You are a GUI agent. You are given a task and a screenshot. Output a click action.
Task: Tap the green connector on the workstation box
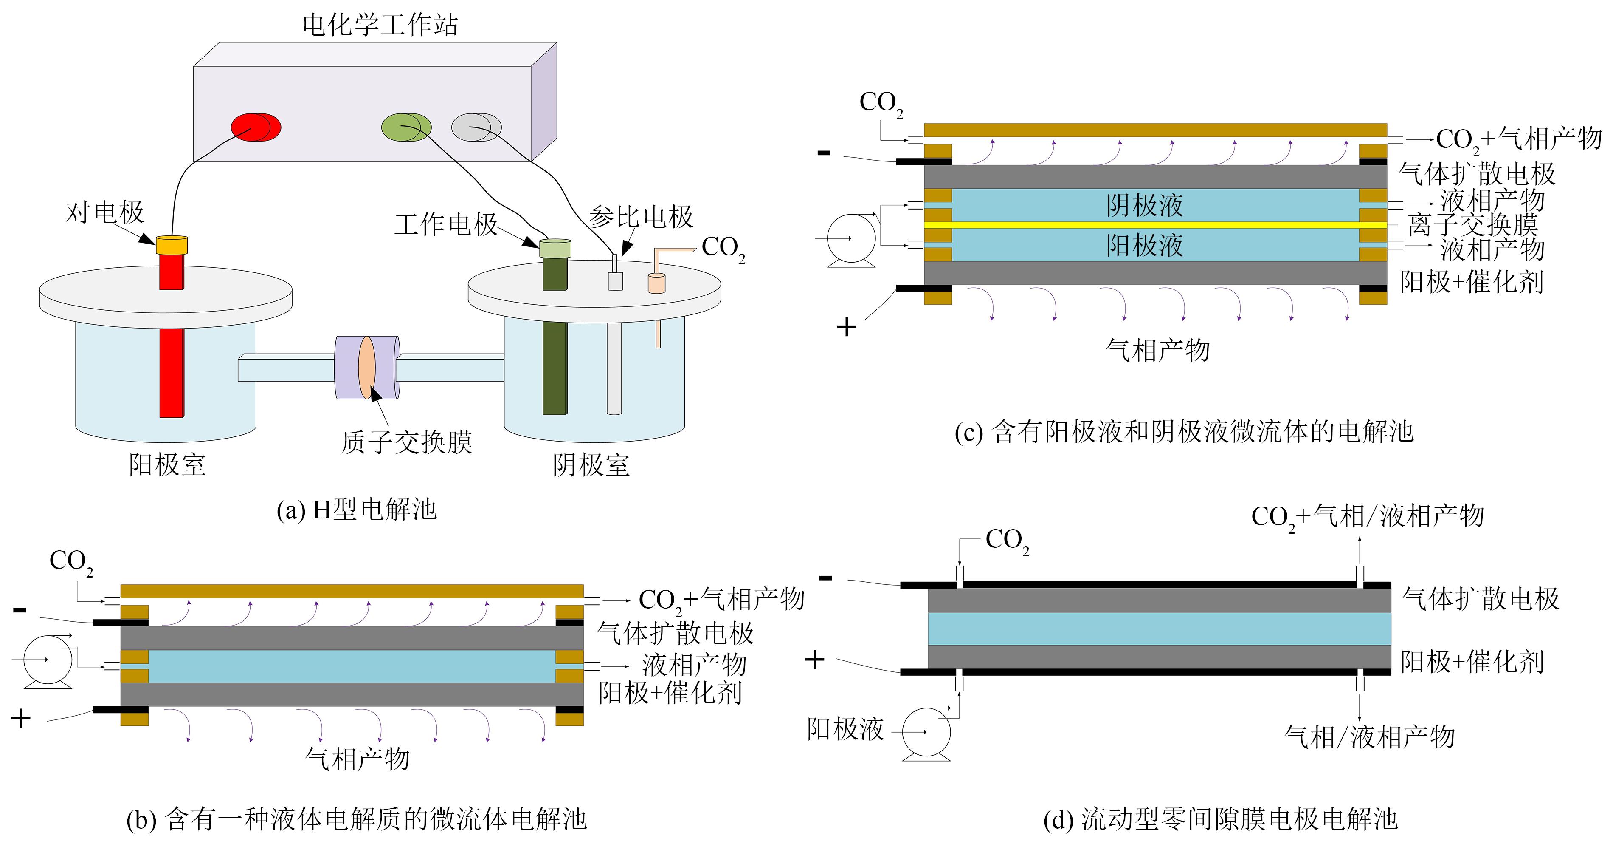(x=406, y=127)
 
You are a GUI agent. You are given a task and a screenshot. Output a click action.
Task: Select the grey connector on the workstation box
(x=476, y=127)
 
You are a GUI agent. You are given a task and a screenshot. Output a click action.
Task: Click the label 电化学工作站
(x=380, y=25)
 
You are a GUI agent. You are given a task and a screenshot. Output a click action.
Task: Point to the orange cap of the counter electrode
(x=172, y=244)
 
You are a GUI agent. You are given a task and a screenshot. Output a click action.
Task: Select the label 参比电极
(x=640, y=217)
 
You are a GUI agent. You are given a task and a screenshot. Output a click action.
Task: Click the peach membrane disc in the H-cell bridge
(x=367, y=368)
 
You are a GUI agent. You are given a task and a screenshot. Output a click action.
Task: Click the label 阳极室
(x=167, y=465)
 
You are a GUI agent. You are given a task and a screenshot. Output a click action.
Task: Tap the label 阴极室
(x=591, y=465)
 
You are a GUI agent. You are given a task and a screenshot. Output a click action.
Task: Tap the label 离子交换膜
(x=1472, y=225)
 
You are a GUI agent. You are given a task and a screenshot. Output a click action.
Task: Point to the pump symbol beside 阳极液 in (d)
(x=926, y=733)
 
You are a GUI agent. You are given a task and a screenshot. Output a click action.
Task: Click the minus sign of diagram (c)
(x=824, y=152)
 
